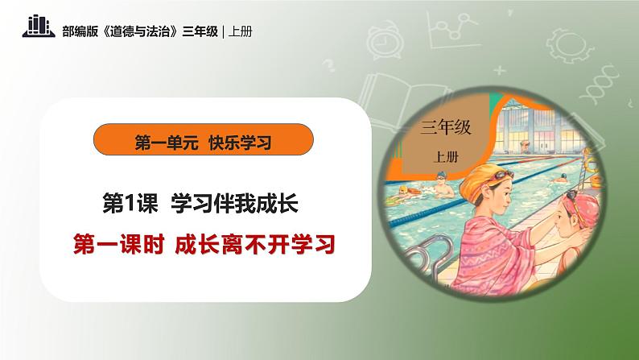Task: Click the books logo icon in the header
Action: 39,26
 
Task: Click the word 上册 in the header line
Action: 240,31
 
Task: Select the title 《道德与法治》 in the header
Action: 140,31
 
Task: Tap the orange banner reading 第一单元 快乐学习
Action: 204,139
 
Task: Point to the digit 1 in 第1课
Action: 129,203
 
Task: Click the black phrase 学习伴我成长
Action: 235,203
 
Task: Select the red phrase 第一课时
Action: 118,245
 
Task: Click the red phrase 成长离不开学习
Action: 255,245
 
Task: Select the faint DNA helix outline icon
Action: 599,85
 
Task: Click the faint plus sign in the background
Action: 499,71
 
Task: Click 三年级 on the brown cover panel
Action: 445,126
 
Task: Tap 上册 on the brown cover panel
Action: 445,157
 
